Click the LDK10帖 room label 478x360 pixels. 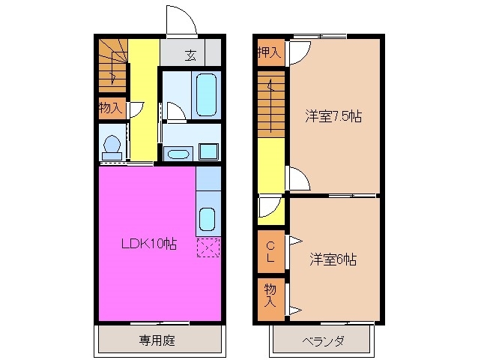coord(150,244)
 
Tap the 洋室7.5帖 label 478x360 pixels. coord(333,116)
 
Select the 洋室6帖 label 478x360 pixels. coord(333,260)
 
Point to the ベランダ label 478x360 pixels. coord(324,342)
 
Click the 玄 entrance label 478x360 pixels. coord(191,54)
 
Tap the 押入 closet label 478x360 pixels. coord(269,52)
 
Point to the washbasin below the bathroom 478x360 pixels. coord(178,154)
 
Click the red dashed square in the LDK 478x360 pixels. coord(208,247)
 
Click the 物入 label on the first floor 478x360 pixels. coord(110,108)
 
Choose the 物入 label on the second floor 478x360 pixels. coord(270,295)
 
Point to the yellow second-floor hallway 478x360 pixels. coord(271,172)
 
